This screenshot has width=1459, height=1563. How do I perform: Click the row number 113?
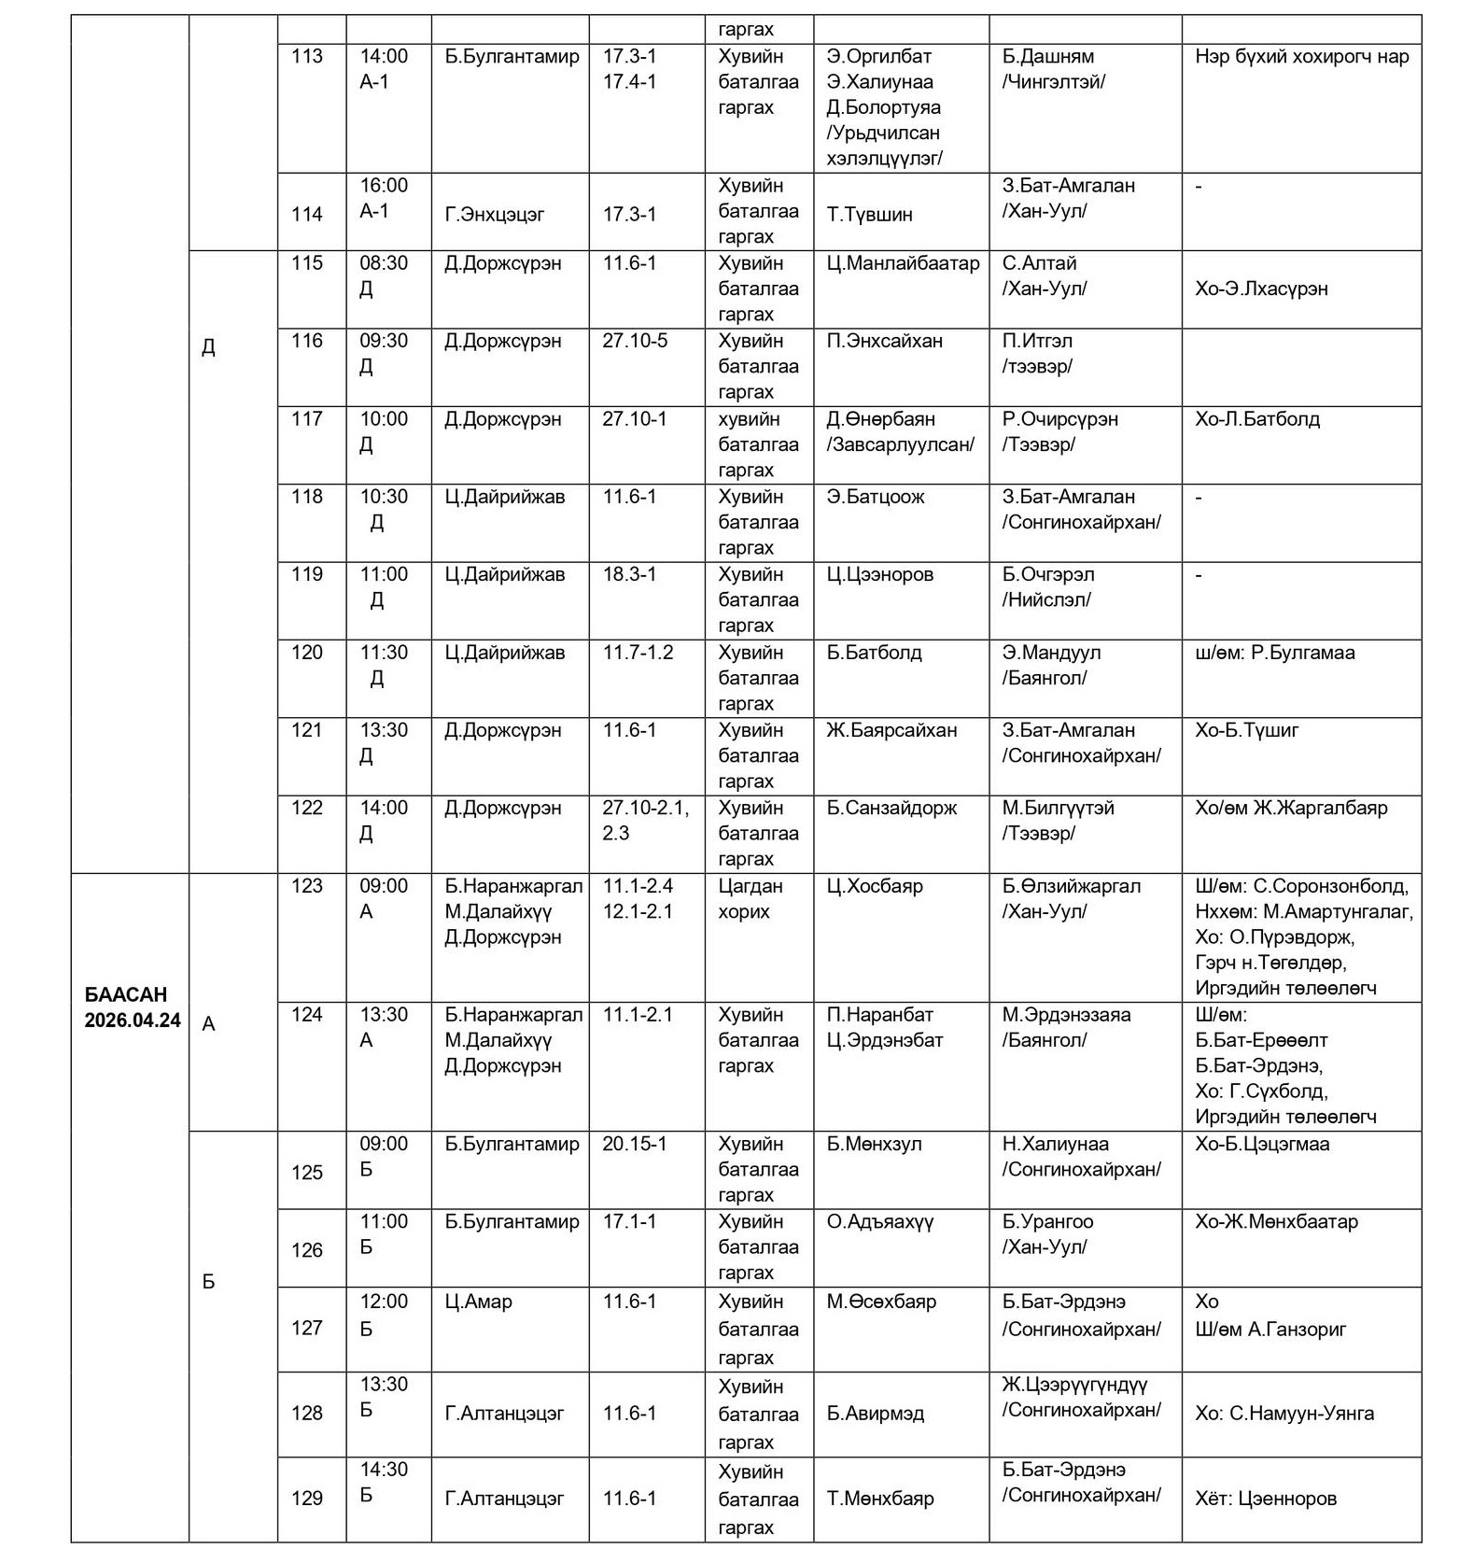click(307, 57)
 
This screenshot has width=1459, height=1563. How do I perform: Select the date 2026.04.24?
click(133, 1021)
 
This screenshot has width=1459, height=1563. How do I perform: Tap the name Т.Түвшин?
click(869, 215)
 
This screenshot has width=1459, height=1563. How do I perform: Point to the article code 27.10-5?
click(635, 342)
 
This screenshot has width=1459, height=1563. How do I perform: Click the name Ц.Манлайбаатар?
click(903, 264)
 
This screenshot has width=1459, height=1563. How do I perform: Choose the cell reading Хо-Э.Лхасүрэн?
click(1261, 289)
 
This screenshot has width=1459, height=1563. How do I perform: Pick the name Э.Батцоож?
click(876, 498)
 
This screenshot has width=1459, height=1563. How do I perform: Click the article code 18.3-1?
click(629, 575)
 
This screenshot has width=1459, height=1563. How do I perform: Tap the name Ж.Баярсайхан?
click(891, 731)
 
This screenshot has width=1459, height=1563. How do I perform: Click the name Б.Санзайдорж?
click(891, 809)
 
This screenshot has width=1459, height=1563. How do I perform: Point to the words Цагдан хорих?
click(751, 899)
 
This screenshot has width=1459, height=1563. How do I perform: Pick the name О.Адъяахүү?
click(880, 1222)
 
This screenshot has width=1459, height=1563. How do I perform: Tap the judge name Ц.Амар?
click(478, 1302)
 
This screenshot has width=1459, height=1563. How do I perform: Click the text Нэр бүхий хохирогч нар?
click(1301, 57)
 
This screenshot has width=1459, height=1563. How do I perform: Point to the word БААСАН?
click(125, 995)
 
